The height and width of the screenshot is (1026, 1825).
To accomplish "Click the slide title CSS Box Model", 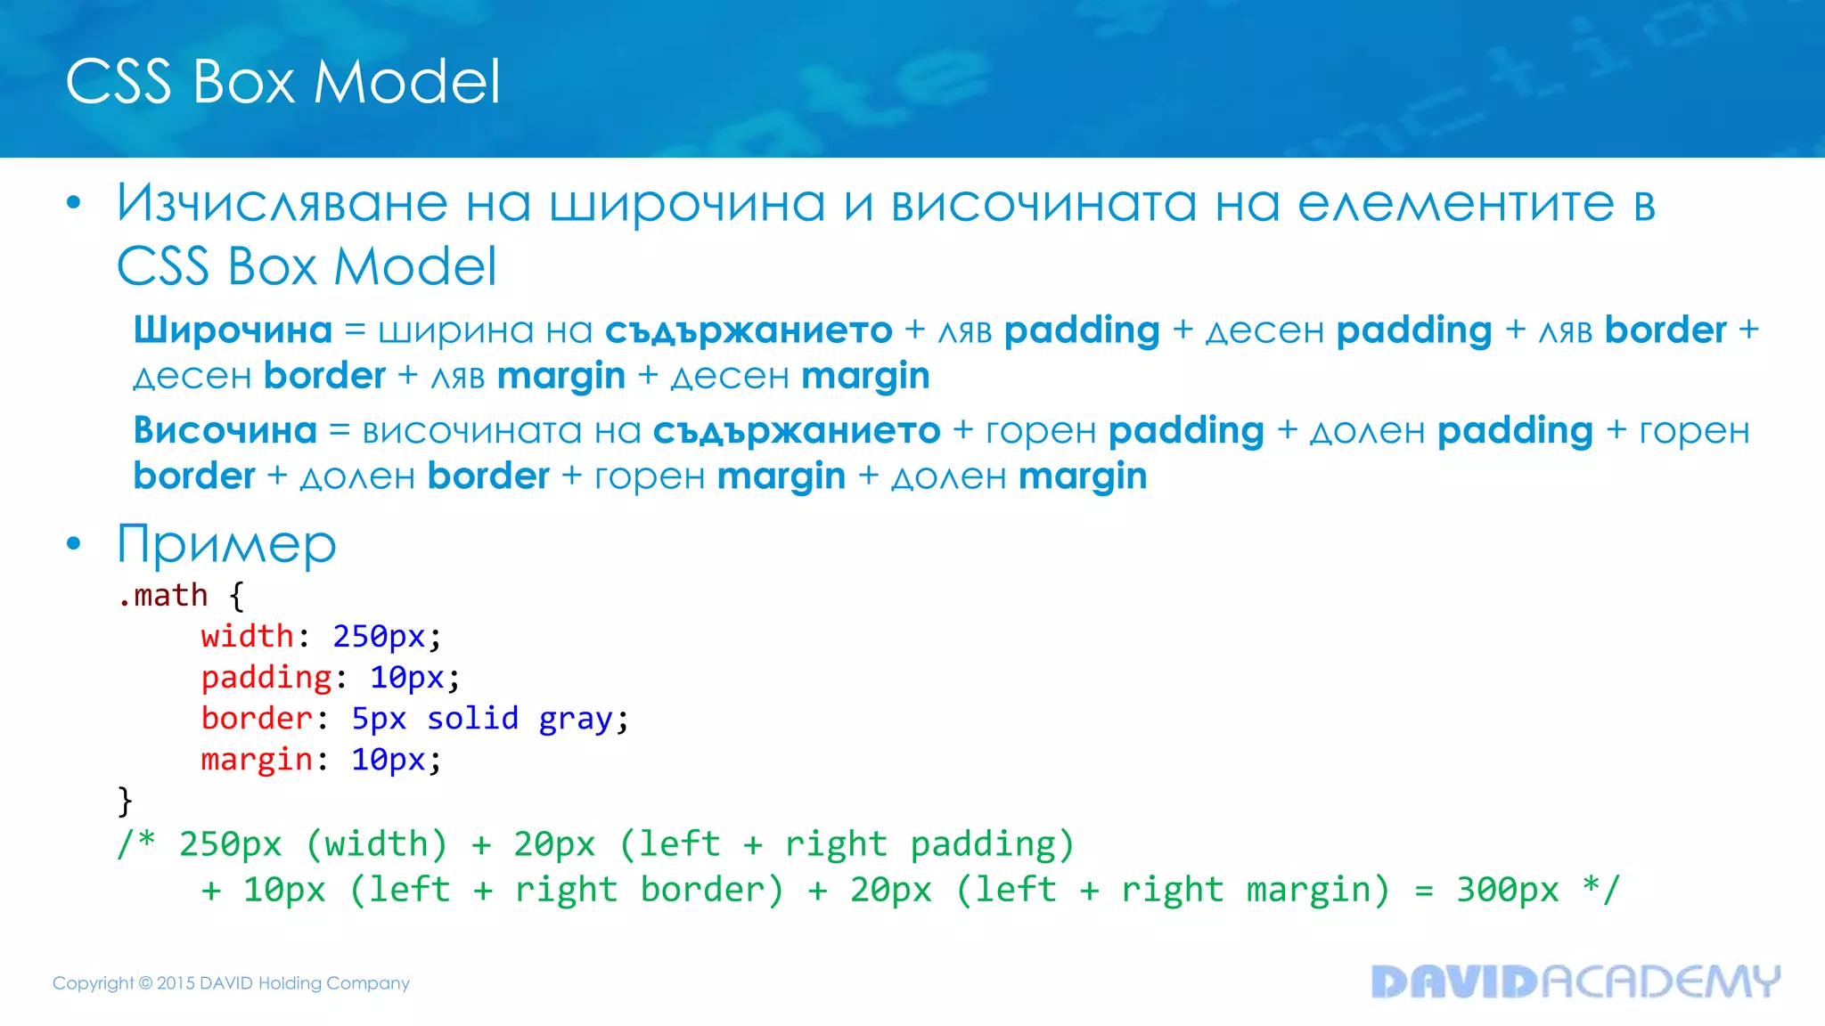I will click(282, 82).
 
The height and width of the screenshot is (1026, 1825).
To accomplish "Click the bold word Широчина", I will click(233, 330).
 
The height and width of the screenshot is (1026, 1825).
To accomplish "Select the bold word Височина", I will click(225, 431).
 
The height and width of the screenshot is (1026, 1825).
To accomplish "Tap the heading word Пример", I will click(226, 544).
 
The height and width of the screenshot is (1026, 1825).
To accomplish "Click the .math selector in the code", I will click(162, 595).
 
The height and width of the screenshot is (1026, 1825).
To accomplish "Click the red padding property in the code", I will click(266, 678).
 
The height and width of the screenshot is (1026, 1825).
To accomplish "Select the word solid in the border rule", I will click(472, 719).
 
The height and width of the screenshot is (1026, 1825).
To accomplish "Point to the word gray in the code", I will click(575, 720).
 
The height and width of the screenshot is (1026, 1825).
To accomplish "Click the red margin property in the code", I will click(257, 760).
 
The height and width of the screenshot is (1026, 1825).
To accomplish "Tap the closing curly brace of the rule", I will click(125, 801).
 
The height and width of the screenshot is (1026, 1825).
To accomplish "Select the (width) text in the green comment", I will click(376, 844).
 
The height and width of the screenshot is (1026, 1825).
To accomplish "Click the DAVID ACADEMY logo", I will click(1575, 981).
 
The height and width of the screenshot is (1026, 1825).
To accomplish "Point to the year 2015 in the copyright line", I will click(176, 983).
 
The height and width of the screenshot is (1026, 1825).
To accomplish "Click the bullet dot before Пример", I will click(74, 543).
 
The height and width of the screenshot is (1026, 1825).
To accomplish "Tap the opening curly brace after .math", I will click(236, 595).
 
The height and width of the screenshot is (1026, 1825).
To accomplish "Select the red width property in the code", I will click(247, 637).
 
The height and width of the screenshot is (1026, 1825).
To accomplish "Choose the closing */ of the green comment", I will click(1600, 889).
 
